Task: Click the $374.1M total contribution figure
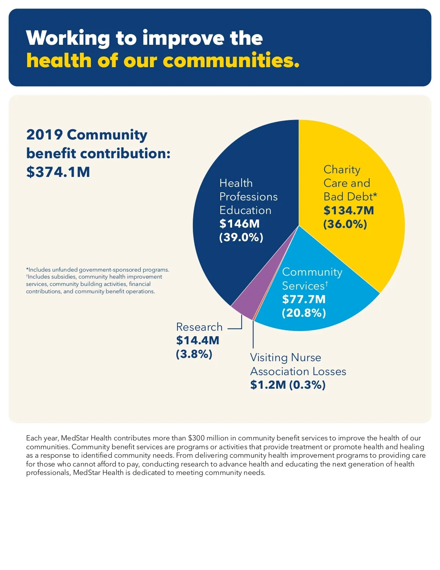pos(58,172)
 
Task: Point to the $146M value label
pos(239,224)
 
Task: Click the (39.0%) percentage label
pos(241,237)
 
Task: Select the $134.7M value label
pos(348,210)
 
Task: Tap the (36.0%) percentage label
pos(345,224)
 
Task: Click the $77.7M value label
pos(304,299)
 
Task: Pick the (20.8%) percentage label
pos(304,313)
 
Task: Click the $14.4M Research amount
pos(198,340)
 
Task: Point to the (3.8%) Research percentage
pos(194,354)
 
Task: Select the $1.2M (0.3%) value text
pos(288,385)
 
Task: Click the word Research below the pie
pos(199,327)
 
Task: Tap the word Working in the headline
pos(68,38)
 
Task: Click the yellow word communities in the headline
pos(231,61)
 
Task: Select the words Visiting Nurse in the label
pos(285,357)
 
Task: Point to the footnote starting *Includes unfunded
pos(98,270)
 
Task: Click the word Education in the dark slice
pos(245,210)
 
